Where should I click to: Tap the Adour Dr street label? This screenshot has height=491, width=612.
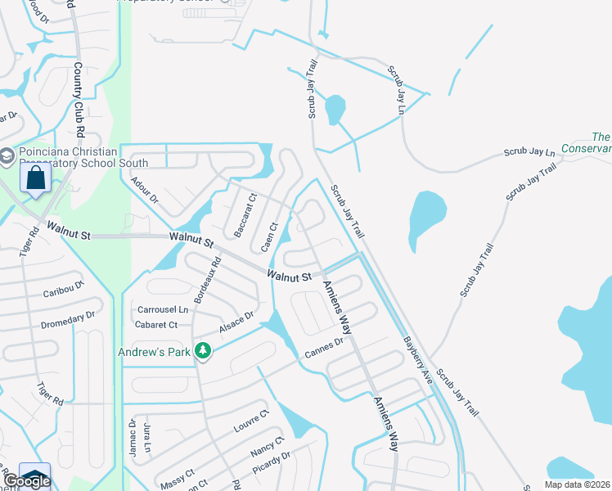145,191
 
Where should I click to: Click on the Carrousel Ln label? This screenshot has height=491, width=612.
163,310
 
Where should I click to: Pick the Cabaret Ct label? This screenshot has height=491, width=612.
157,325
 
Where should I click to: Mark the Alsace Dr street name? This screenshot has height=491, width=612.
236,322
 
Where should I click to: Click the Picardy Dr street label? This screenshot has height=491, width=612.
272,462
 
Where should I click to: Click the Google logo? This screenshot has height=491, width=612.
26,480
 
